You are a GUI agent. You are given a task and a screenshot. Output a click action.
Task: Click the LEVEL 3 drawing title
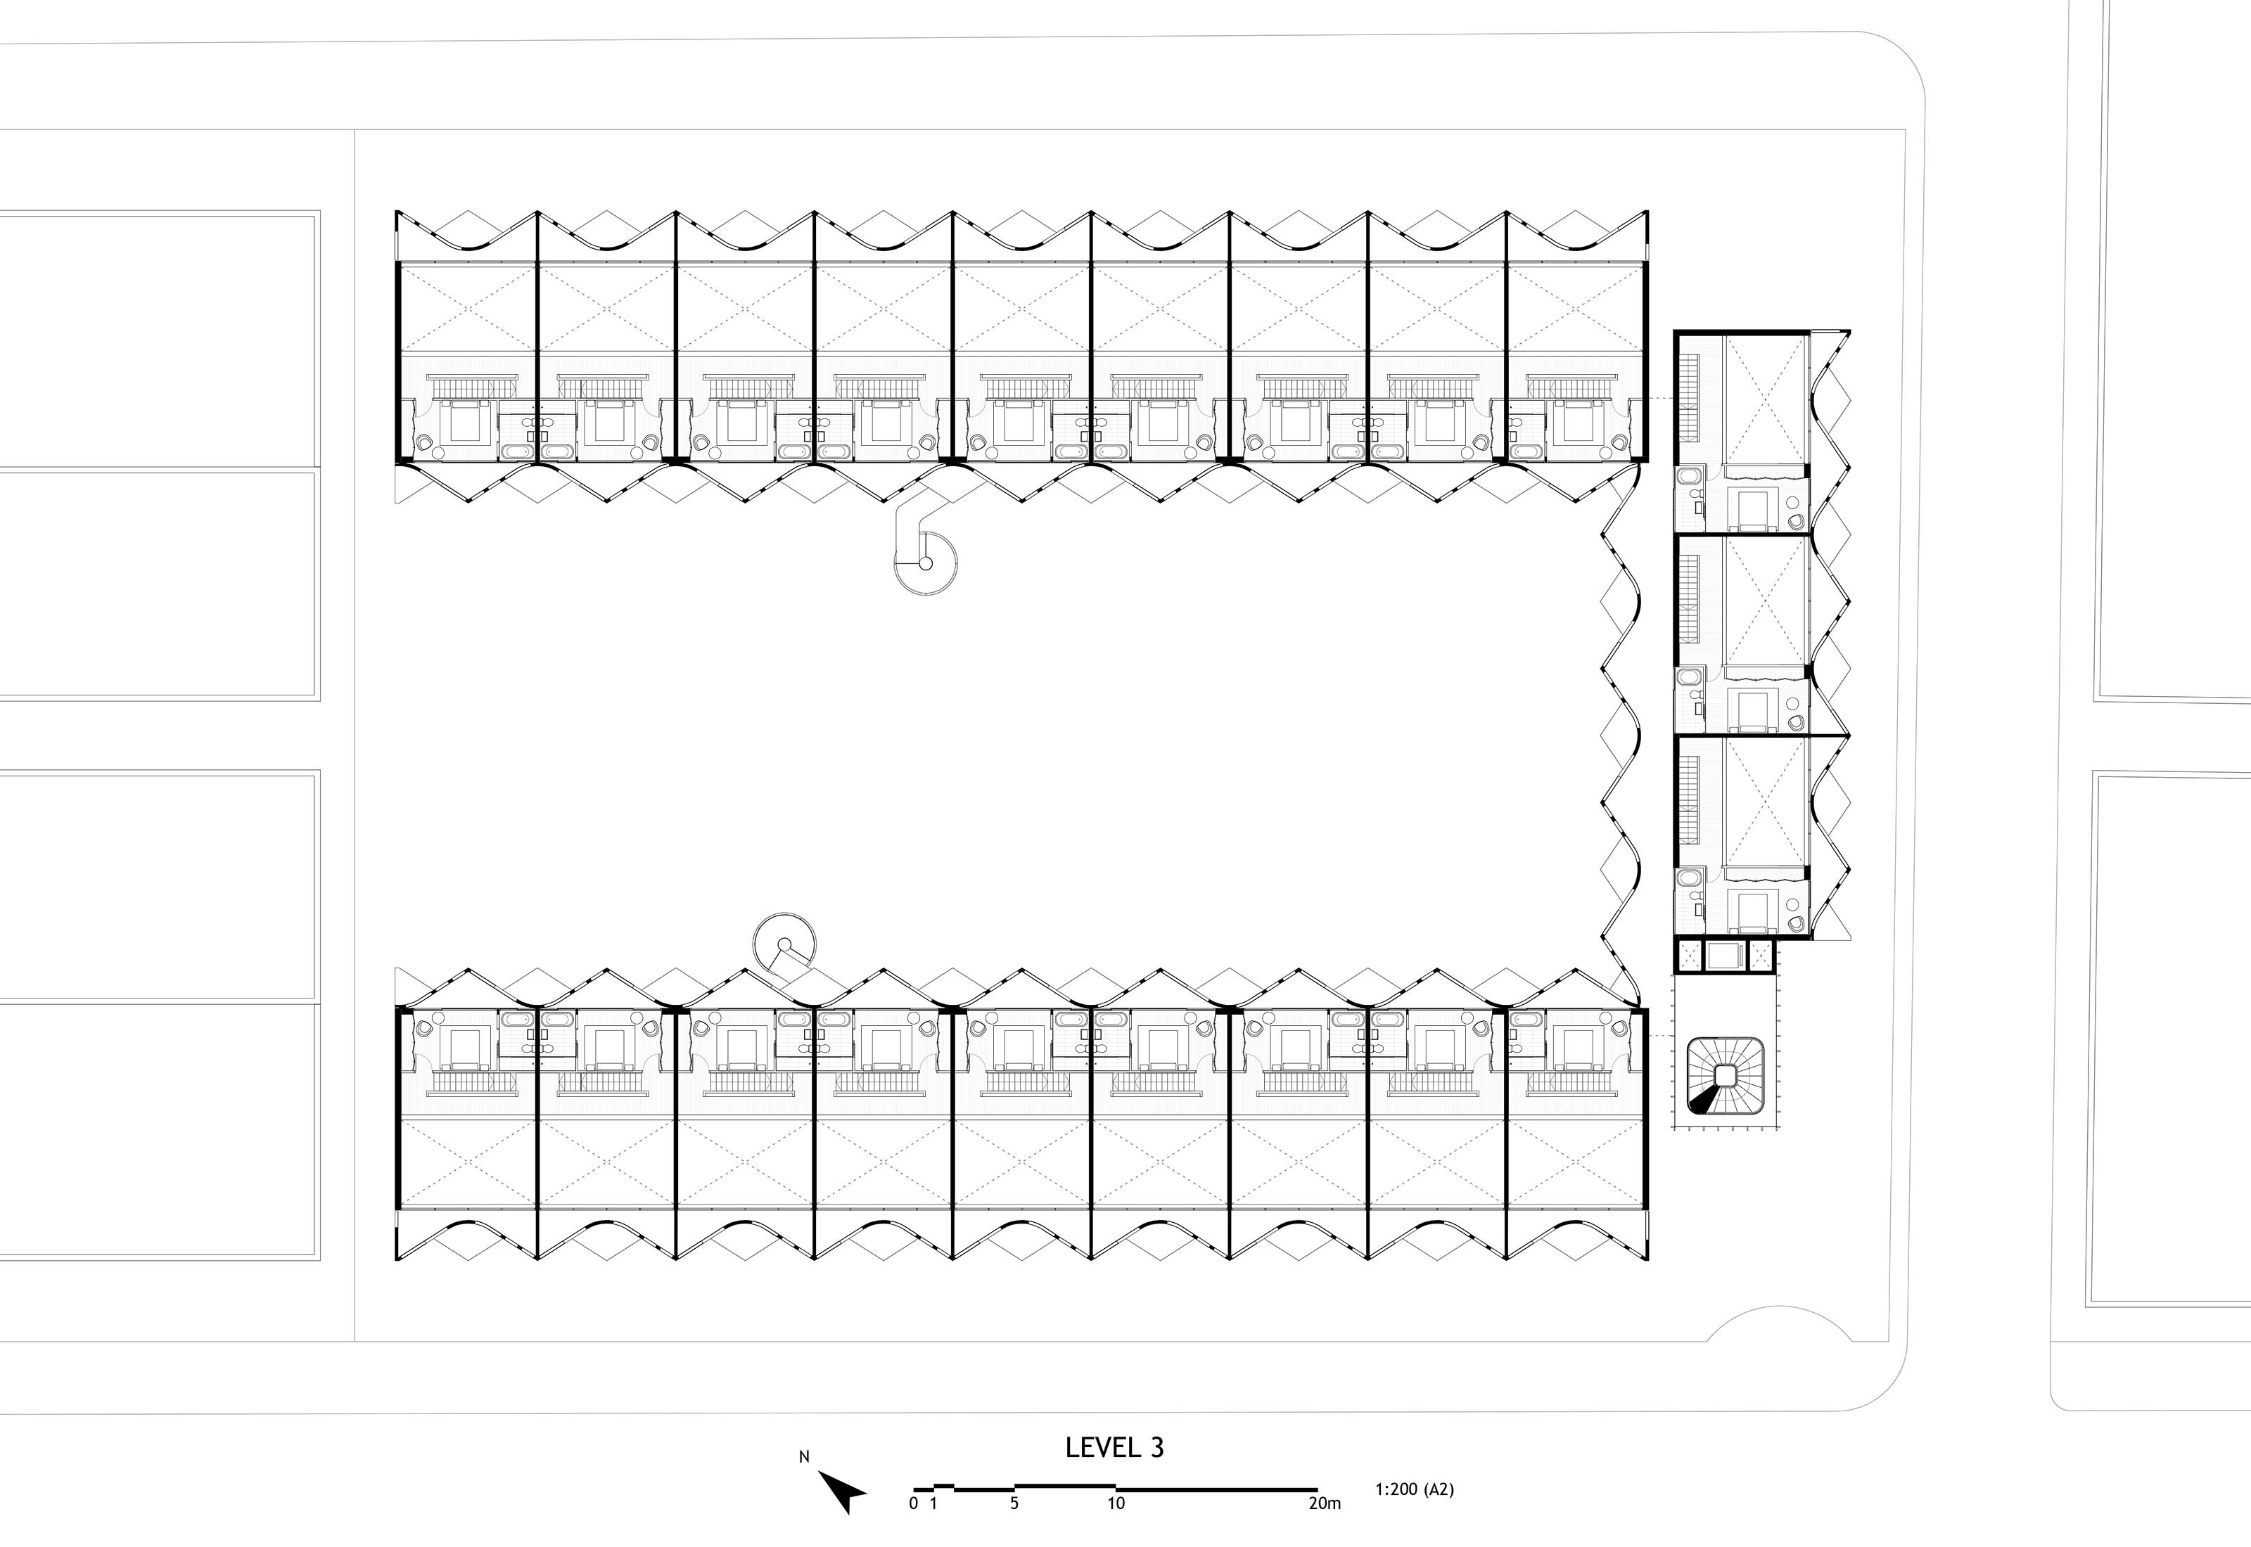pyautogui.click(x=1114, y=1447)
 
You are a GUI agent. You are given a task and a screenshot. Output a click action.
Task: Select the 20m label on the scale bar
pyautogui.click(x=1325, y=1503)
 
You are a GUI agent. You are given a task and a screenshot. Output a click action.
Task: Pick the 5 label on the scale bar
pyautogui.click(x=1014, y=1503)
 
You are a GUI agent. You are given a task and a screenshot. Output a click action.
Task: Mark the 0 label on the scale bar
pyautogui.click(x=913, y=1503)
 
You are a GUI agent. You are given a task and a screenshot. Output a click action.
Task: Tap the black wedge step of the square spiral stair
pyautogui.click(x=1703, y=1100)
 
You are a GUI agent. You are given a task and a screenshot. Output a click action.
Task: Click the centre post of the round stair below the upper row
pyautogui.click(x=926, y=563)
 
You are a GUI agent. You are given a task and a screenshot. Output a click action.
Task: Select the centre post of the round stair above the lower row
pyautogui.click(x=784, y=943)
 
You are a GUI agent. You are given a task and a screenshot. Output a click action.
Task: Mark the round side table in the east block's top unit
pyautogui.click(x=1792, y=503)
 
